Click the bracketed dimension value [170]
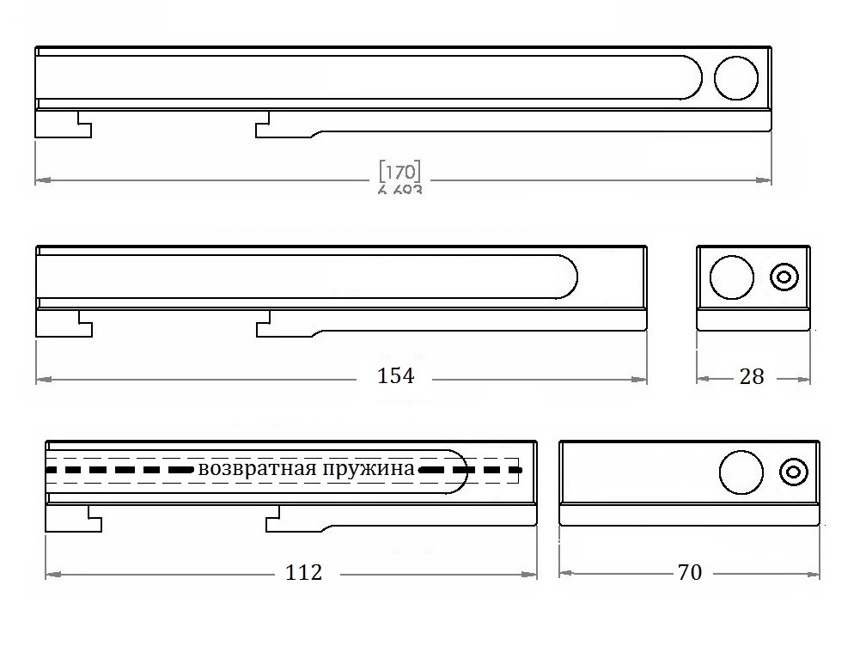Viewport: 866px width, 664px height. tap(399, 170)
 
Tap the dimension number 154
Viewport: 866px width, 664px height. tap(396, 375)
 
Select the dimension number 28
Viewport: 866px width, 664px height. tap(752, 376)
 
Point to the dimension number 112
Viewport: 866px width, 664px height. tap(304, 572)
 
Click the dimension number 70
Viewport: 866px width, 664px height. tap(690, 572)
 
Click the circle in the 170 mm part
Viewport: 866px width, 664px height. tap(736, 78)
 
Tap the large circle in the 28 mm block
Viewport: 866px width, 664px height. tap(732, 277)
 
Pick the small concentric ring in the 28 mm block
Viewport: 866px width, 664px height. tap(784, 277)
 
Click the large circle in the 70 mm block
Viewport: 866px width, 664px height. tap(741, 472)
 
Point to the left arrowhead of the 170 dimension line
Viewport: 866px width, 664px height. tap(40, 180)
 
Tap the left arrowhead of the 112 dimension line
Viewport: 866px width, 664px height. tap(50, 573)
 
